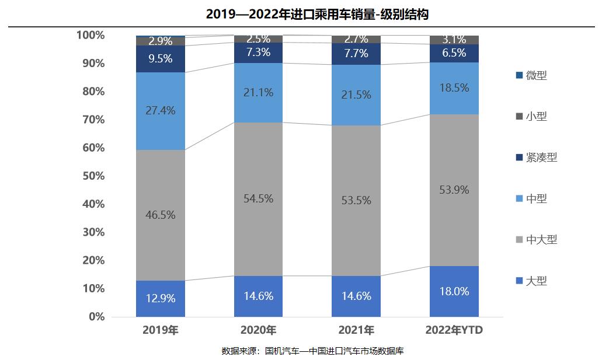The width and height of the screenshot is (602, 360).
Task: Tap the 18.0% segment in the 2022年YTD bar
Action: point(454,292)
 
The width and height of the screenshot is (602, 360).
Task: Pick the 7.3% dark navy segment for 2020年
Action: point(258,53)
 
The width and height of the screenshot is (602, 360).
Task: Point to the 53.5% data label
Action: point(356,201)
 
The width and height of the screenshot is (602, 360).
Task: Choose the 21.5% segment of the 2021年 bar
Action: point(356,95)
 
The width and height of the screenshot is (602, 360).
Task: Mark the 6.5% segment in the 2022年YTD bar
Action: point(454,53)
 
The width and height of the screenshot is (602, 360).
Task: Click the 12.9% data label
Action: point(161,298)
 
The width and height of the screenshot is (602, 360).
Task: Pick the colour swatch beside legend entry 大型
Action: point(519,281)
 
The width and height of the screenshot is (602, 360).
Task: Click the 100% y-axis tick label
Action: point(91,35)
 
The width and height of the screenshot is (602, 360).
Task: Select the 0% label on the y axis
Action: point(96,317)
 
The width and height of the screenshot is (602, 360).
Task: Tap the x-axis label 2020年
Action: point(258,331)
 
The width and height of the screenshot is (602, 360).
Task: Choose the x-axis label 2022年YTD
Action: point(454,331)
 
